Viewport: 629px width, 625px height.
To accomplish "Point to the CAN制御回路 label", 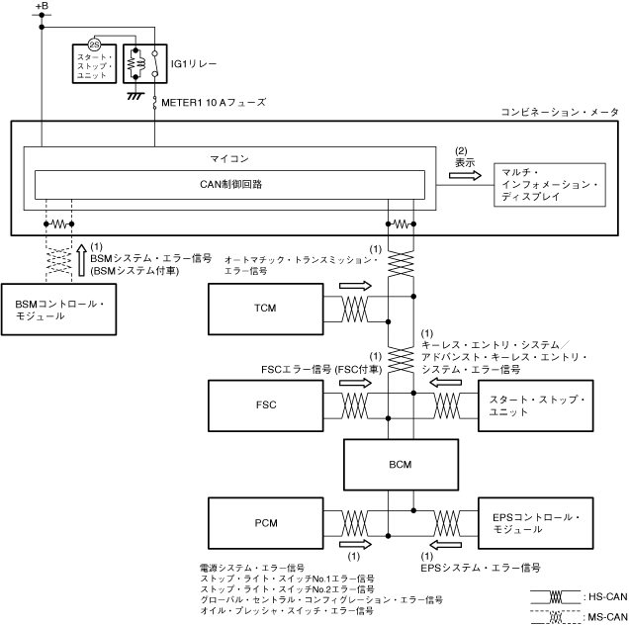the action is pyautogui.click(x=230, y=184).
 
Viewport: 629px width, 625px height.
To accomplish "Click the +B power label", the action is pyautogui.click(x=42, y=6).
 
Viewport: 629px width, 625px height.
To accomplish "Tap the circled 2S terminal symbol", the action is pyautogui.click(x=94, y=45).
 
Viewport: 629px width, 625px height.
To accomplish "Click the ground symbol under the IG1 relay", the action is pyautogui.click(x=135, y=96).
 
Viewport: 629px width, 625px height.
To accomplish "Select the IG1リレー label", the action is pyautogui.click(x=194, y=63).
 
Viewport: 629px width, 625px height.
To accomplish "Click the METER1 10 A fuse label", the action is pyautogui.click(x=214, y=103).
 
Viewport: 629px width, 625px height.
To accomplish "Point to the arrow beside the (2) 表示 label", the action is pyautogui.click(x=465, y=175).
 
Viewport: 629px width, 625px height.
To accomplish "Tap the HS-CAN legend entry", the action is pyautogui.click(x=580, y=597).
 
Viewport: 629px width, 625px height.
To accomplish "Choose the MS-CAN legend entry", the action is pyautogui.click(x=580, y=617).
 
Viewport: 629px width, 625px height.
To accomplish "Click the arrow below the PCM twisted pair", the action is pyautogui.click(x=355, y=544).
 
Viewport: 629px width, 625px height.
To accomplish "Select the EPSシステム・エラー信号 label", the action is pyautogui.click(x=481, y=568).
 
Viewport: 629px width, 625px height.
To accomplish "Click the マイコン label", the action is pyautogui.click(x=229, y=159).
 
